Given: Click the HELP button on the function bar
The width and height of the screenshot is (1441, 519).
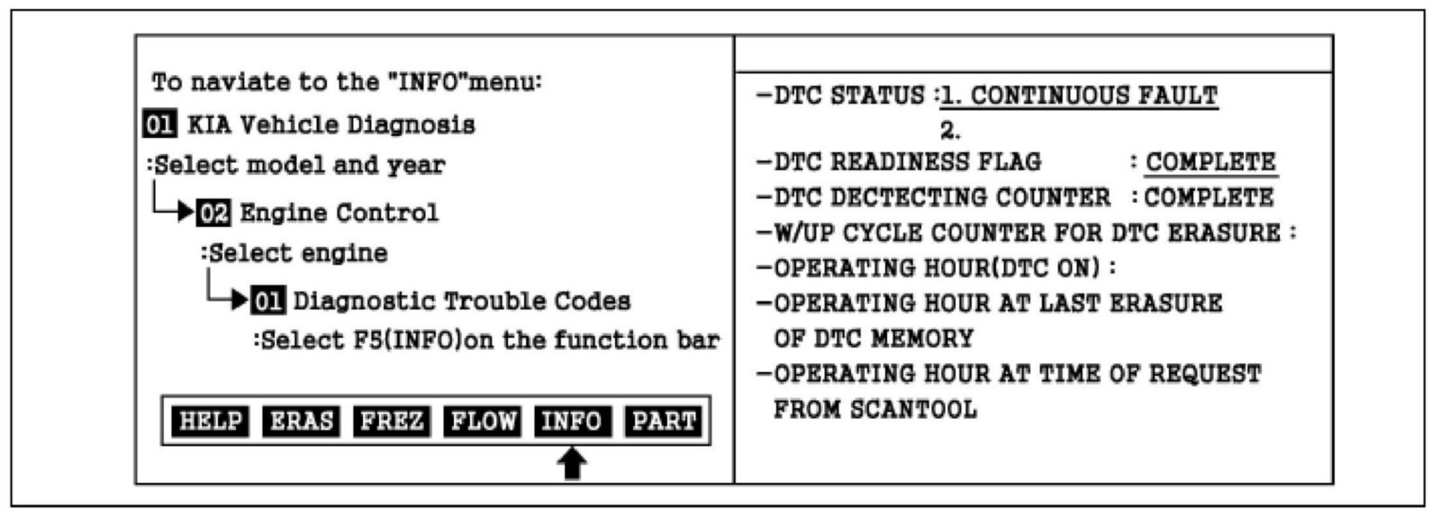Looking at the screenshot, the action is pyautogui.click(x=211, y=421).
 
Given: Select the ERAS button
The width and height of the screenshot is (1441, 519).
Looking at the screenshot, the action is pyautogui.click(x=301, y=421).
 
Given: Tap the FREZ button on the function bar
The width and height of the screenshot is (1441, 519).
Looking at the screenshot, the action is pyautogui.click(x=391, y=421).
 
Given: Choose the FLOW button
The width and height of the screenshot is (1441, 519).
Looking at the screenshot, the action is pyautogui.click(x=483, y=421).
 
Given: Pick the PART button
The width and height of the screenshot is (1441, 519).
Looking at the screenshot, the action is pyautogui.click(x=664, y=421).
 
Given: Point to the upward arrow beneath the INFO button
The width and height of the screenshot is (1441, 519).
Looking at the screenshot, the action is pyautogui.click(x=573, y=464).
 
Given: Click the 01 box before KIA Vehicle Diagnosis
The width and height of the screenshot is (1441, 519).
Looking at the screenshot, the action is pyautogui.click(x=159, y=124).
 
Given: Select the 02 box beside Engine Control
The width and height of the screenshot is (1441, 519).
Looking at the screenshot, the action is pyautogui.click(x=214, y=214).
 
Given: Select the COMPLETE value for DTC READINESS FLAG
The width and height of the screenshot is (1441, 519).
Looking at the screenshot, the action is pyautogui.click(x=1210, y=162).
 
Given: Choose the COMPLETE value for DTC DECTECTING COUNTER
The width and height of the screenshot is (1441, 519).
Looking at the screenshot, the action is pyautogui.click(x=1209, y=197).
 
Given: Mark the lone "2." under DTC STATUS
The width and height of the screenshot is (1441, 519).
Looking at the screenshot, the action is pyautogui.click(x=950, y=131).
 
